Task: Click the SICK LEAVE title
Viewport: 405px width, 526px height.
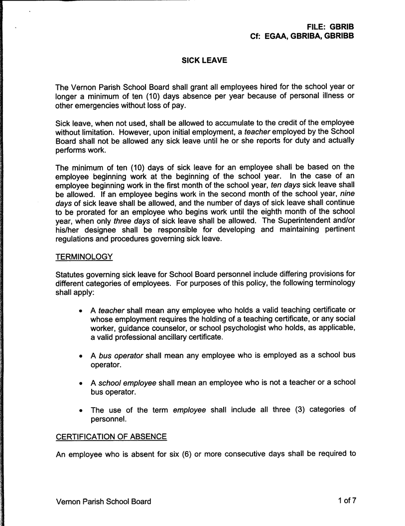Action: pyautogui.click(x=204, y=61)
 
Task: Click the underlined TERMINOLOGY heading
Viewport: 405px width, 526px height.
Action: pyautogui.click(x=84, y=257)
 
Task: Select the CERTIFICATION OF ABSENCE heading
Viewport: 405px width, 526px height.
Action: pyautogui.click(x=111, y=437)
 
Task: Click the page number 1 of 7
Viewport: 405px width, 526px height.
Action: pyautogui.click(x=347, y=501)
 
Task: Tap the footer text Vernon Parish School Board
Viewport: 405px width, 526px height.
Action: pyautogui.click(x=103, y=502)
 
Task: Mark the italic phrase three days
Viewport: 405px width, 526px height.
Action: pyautogui.click(x=118, y=221)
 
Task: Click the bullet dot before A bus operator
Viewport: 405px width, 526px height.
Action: pyautogui.click(x=81, y=355)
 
